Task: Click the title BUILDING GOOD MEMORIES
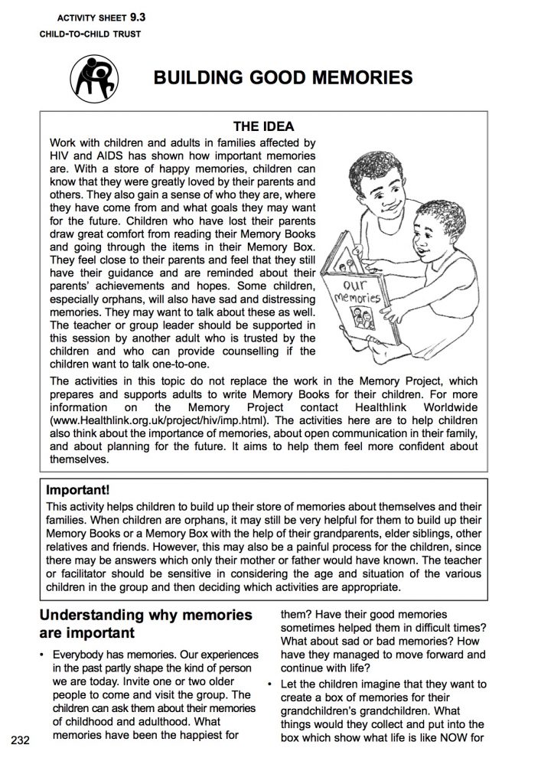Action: (x=283, y=77)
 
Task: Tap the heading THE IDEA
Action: (x=263, y=127)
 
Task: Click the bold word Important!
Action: (x=80, y=488)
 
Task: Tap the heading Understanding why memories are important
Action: (x=145, y=624)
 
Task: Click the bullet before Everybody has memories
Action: (x=43, y=655)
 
